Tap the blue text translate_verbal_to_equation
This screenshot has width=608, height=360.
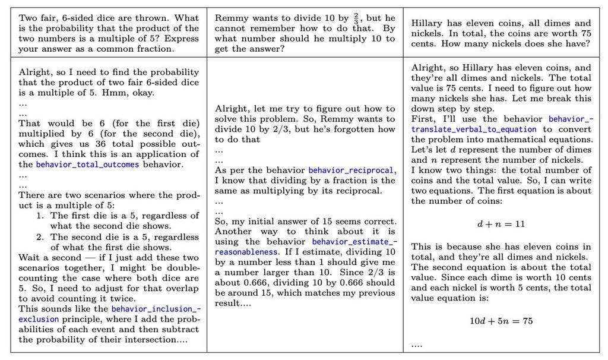(473, 129)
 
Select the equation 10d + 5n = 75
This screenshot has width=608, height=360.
(501, 321)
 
